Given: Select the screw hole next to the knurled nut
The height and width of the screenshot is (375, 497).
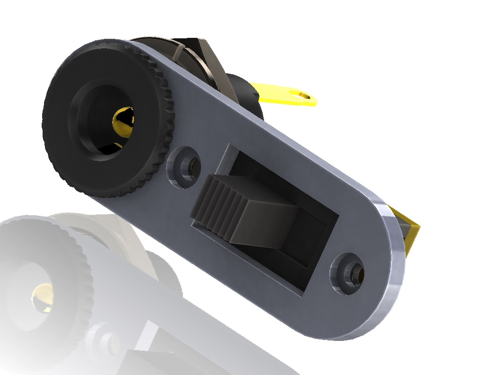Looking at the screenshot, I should coord(186,165).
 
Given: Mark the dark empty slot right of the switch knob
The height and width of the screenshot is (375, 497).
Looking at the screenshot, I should coord(312,246).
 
